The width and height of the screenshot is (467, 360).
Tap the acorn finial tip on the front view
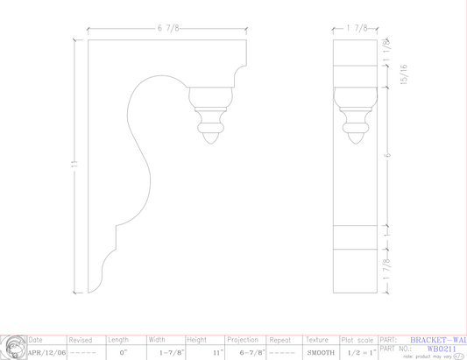coord(210,134)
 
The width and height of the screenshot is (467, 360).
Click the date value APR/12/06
coord(46,352)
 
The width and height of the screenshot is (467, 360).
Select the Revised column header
coord(81,340)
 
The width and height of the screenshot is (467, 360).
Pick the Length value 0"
coord(124,352)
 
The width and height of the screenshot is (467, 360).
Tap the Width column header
coord(157,340)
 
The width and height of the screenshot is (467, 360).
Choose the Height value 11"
coord(217,352)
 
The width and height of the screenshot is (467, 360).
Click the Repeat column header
coord(280,340)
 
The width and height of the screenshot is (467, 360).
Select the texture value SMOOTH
coord(321,352)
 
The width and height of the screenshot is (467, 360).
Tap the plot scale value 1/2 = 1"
coord(360,352)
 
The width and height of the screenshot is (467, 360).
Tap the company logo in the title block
coord(12,347)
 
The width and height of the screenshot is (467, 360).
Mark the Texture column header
coord(318,340)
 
